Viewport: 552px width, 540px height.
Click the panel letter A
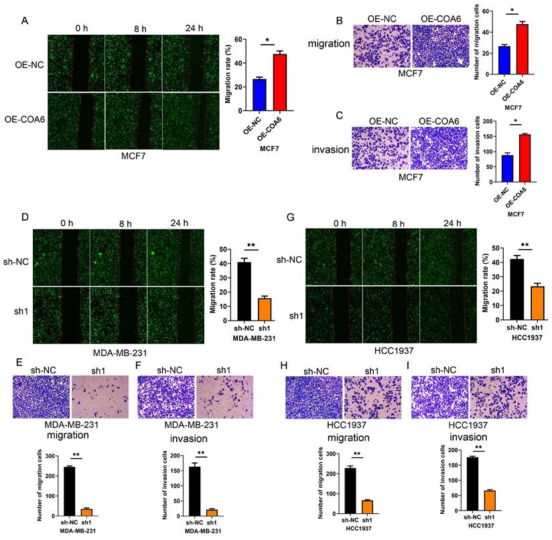(x=25, y=20)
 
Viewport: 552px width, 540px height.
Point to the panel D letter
(x=25, y=217)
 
